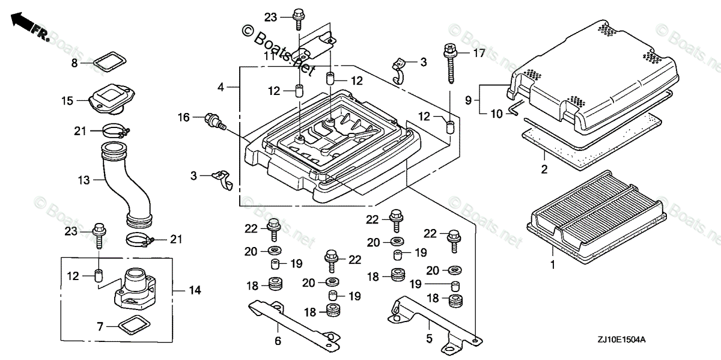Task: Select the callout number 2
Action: coord(544,169)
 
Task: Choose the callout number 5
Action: coord(429,339)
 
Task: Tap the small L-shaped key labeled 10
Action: coord(515,108)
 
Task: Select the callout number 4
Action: coord(221,88)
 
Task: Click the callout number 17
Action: coord(478,53)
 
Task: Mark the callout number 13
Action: coord(83,180)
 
